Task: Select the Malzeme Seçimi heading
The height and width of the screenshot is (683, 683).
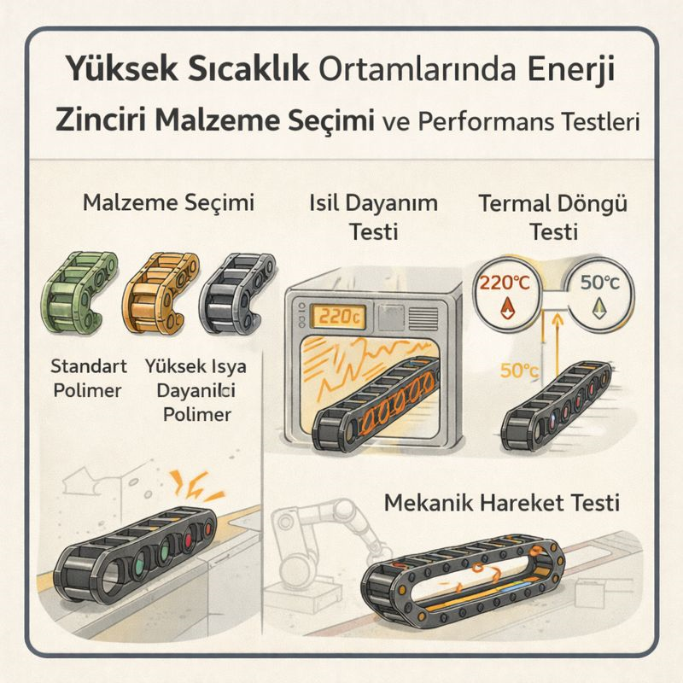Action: (x=168, y=204)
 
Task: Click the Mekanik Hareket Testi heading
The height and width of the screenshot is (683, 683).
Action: (x=502, y=503)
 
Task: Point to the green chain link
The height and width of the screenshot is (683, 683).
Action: (x=79, y=294)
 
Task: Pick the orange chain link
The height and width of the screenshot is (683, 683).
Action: (x=160, y=294)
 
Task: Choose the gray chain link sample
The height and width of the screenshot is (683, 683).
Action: (x=237, y=294)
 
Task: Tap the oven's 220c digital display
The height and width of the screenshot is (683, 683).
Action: (x=338, y=316)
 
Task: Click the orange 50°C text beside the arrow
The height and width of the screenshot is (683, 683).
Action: (x=519, y=371)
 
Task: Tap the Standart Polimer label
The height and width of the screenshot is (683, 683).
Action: (x=89, y=378)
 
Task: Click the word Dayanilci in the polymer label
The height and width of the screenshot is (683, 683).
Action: (x=196, y=390)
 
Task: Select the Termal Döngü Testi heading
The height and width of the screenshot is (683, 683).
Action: (x=553, y=218)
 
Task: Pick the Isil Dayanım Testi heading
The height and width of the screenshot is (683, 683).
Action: (x=374, y=218)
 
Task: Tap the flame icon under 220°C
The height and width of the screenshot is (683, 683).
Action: (x=506, y=308)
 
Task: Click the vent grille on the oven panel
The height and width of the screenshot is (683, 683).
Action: (x=423, y=318)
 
